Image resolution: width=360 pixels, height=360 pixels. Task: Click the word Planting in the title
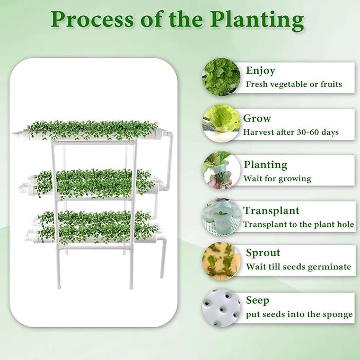(x=257, y=20)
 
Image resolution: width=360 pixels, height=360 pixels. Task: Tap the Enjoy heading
(x=260, y=71)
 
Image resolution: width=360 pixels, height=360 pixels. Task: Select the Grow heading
(x=257, y=118)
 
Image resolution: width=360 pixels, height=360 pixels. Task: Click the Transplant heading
(x=271, y=210)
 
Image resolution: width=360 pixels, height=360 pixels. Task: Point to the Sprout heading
(x=262, y=253)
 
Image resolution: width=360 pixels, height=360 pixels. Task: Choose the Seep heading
(x=257, y=300)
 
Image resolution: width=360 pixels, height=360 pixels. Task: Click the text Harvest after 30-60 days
(x=291, y=132)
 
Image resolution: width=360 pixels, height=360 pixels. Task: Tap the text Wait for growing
(x=277, y=179)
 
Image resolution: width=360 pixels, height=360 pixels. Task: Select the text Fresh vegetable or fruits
(x=294, y=84)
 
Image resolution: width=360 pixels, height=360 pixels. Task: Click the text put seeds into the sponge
(x=299, y=314)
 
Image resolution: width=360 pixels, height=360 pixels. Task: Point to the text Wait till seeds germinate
(x=298, y=267)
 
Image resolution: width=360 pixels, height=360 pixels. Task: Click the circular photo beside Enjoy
(x=221, y=77)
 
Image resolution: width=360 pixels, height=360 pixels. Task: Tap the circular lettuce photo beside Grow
(x=221, y=124)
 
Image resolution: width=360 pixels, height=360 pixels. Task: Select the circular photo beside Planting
(x=221, y=170)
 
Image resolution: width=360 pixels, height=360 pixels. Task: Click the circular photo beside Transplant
(x=221, y=217)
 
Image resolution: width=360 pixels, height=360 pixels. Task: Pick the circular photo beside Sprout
(x=221, y=261)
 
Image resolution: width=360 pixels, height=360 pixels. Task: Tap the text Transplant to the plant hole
(x=298, y=224)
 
